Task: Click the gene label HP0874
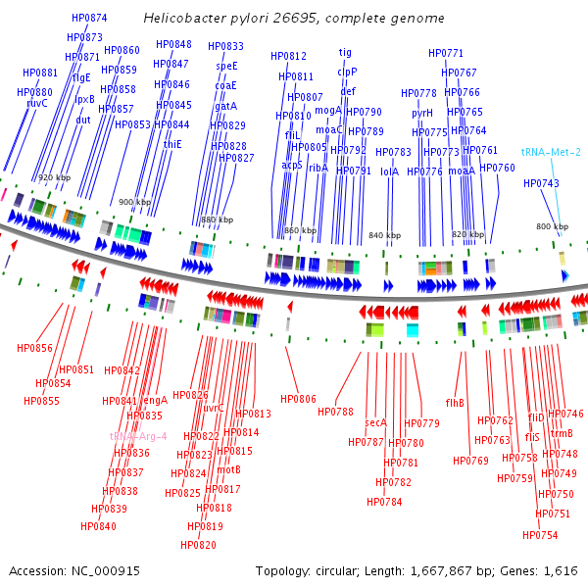[89, 18]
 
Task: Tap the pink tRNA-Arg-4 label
[138, 436]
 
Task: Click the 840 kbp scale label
[385, 236]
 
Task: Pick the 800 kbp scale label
[552, 227]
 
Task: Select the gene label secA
[376, 422]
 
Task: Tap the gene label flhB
[455, 403]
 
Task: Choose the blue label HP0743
[541, 183]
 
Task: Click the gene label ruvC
[37, 103]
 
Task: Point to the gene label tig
[345, 52]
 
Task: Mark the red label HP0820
[198, 545]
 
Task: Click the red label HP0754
[540, 535]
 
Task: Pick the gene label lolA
[389, 171]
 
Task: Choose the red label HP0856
[34, 348]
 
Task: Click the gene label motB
[229, 469]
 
